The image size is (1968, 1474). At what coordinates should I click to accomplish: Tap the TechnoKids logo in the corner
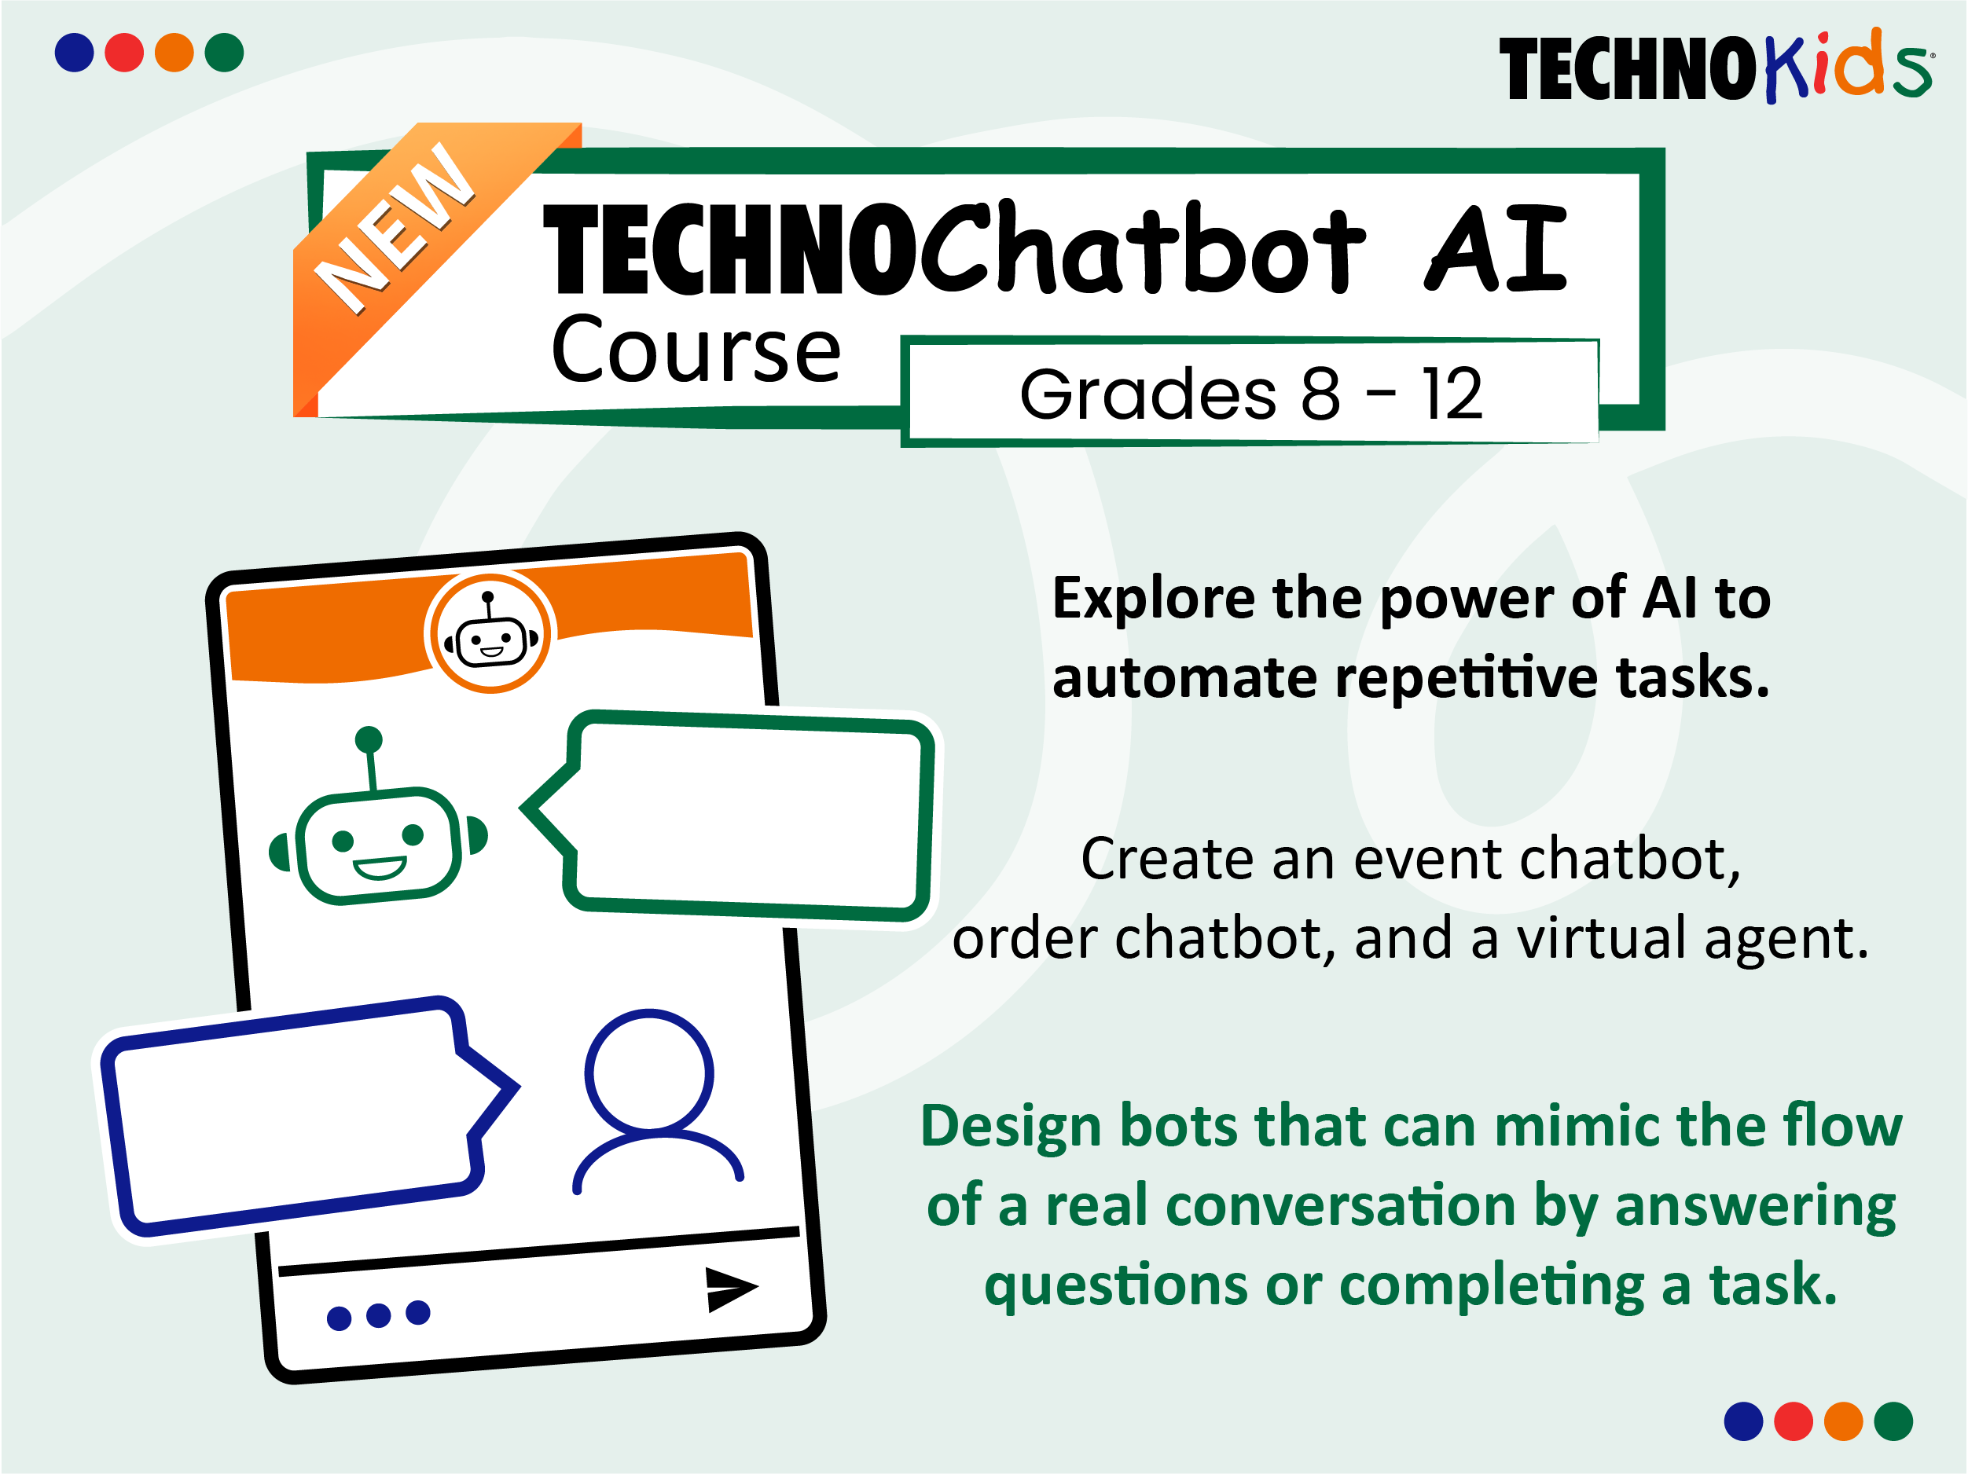[1713, 67]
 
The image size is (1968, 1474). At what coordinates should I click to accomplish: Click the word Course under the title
[696, 350]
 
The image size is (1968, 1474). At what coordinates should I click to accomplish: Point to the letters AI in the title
[1495, 249]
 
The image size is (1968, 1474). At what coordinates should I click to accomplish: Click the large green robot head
[378, 845]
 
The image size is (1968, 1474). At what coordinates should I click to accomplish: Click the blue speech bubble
[294, 1116]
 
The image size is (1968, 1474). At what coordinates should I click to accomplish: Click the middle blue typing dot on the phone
[378, 1314]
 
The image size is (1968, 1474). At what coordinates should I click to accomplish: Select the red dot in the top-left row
[123, 53]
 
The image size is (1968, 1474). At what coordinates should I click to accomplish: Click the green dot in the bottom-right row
[1893, 1421]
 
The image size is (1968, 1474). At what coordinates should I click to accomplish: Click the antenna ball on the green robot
[369, 739]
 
